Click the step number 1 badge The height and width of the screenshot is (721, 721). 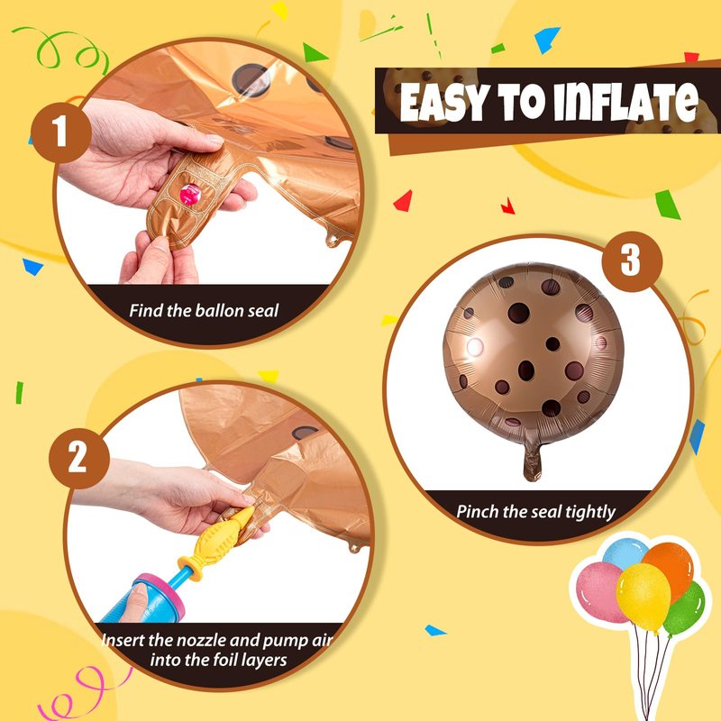(x=61, y=132)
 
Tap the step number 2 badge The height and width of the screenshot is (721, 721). (x=79, y=458)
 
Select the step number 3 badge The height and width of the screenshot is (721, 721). (x=632, y=261)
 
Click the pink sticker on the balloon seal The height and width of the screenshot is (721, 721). (x=190, y=194)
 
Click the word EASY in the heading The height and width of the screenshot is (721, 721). (x=443, y=103)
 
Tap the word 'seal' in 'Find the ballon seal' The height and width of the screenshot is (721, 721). (x=263, y=311)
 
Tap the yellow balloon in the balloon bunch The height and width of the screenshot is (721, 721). (x=643, y=597)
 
